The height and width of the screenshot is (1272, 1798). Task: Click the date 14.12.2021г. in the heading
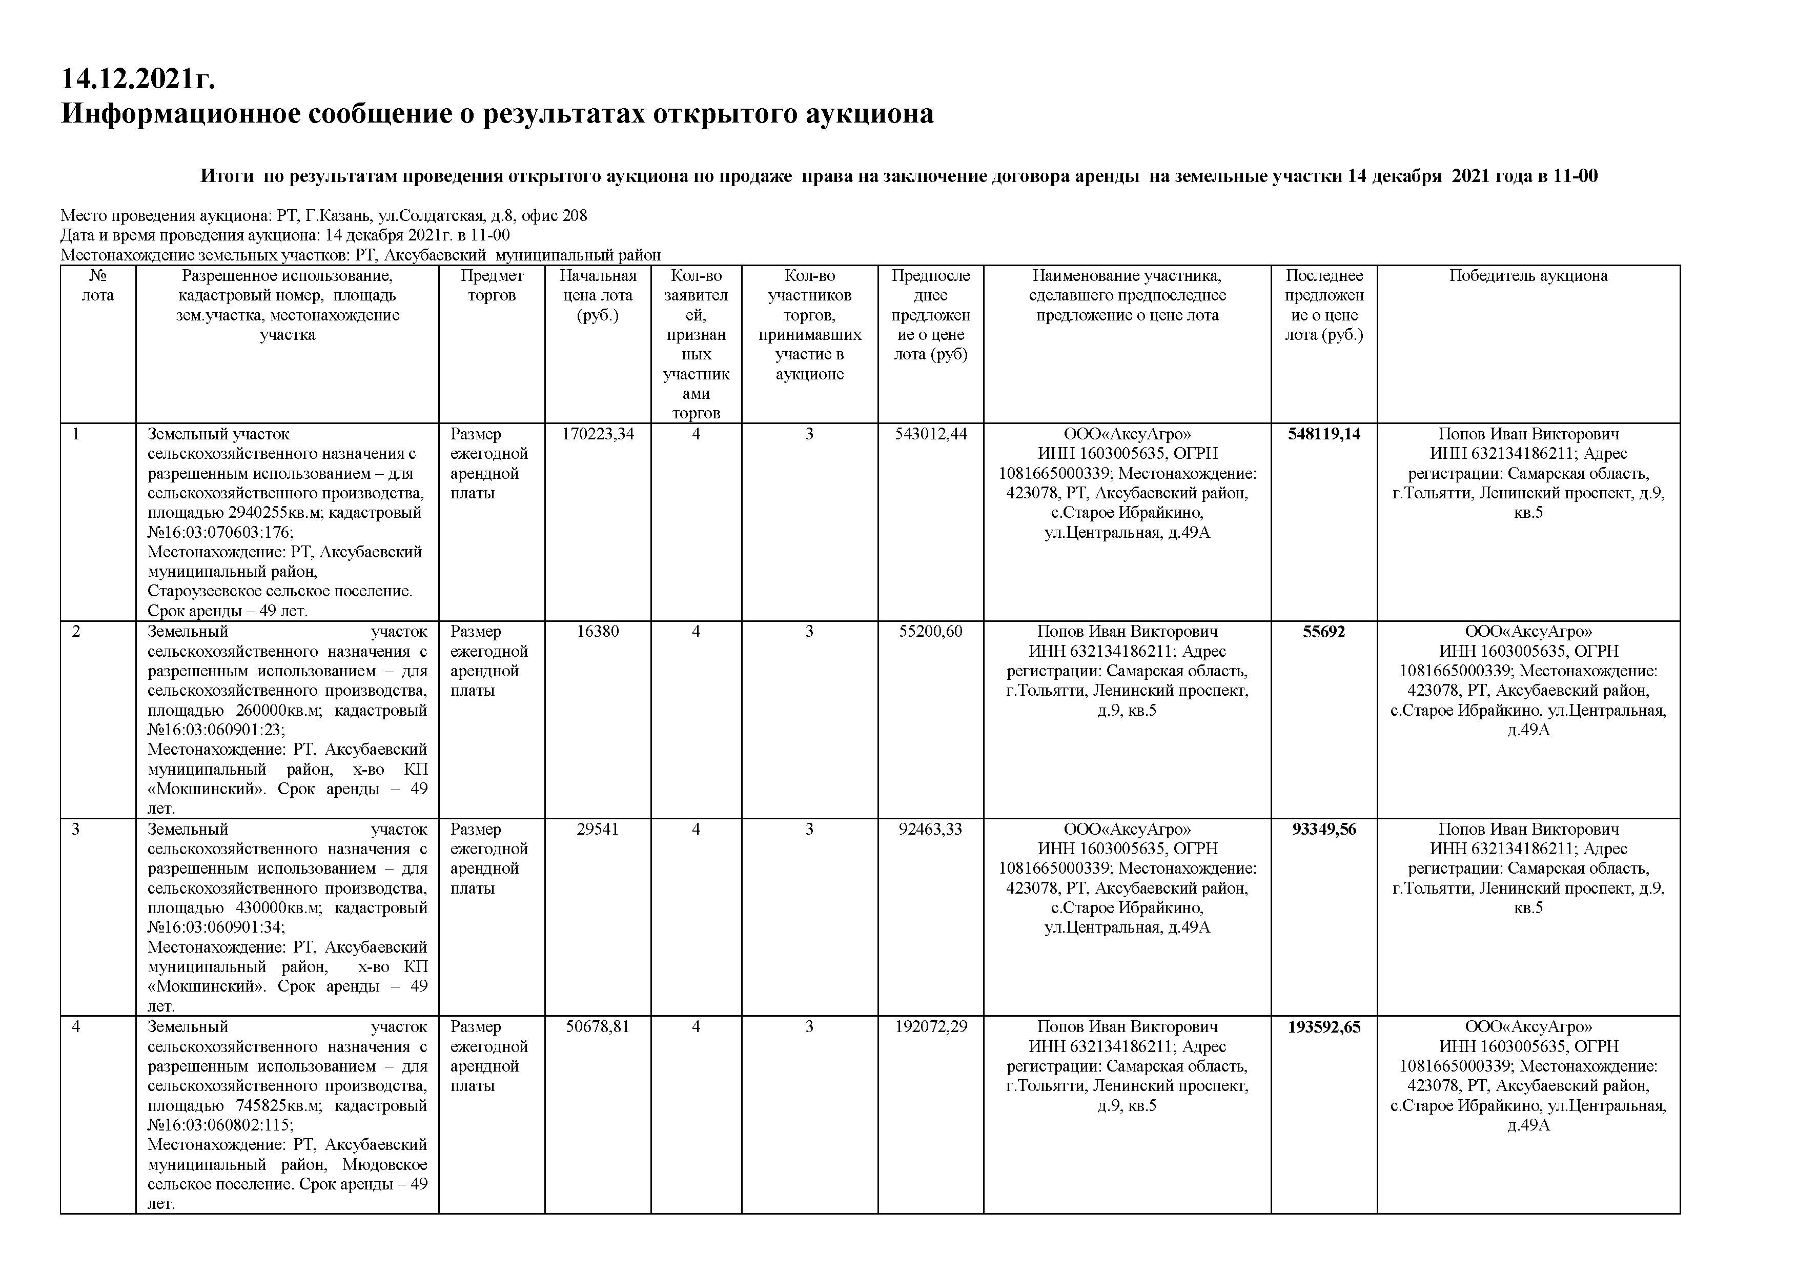(138, 78)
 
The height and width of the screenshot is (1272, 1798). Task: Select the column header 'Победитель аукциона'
(1528, 276)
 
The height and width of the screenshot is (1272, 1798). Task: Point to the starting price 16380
(598, 631)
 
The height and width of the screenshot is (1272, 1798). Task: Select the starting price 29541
(598, 829)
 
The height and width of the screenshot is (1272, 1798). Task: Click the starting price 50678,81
(598, 1026)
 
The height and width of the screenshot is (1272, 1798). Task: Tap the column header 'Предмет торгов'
(492, 285)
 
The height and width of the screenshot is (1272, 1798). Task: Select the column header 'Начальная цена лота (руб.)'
(598, 295)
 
